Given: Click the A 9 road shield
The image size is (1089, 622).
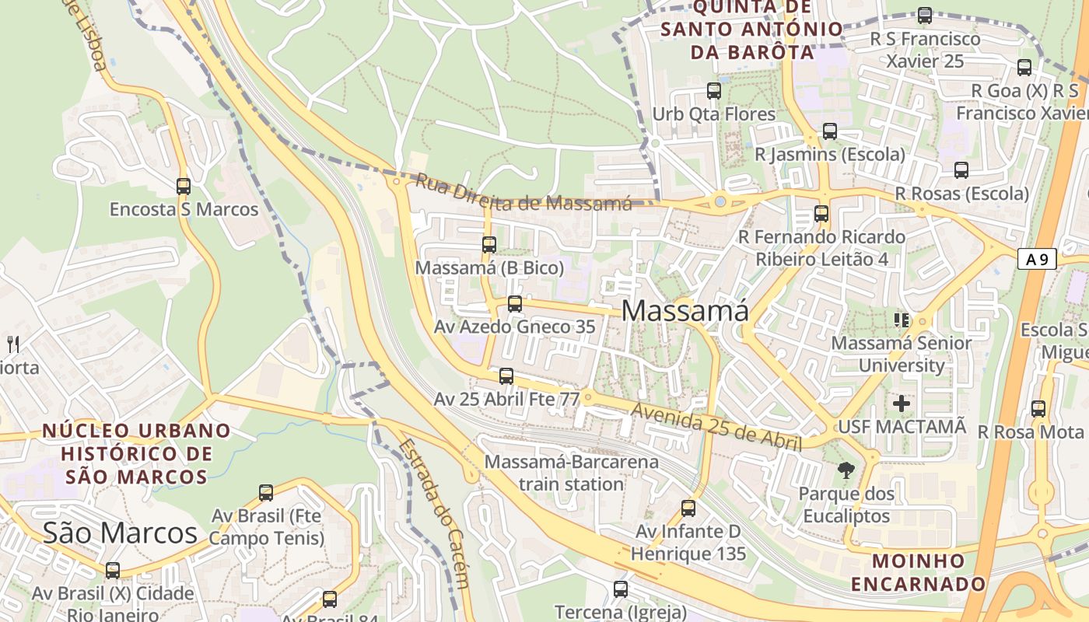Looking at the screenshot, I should [1037, 260].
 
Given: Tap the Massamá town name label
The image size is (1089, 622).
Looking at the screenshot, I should [685, 311].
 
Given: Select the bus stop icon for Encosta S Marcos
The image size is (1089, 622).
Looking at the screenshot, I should [184, 187].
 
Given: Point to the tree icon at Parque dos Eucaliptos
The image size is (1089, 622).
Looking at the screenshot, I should [846, 470].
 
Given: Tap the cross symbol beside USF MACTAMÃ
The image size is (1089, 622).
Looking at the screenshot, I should [902, 404].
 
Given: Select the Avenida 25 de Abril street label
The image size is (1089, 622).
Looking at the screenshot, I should [716, 427].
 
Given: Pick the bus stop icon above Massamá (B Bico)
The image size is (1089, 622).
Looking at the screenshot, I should [489, 245].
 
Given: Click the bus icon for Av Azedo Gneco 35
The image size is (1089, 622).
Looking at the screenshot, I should [515, 304].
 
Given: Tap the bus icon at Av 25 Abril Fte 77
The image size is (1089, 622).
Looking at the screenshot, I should [506, 376].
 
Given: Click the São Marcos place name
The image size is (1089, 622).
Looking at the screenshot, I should [120, 533].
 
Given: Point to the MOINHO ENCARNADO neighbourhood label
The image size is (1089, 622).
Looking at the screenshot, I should [918, 572].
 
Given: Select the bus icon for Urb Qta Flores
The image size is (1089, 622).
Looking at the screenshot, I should [714, 91].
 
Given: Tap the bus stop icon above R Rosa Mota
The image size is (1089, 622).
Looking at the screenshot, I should [1038, 409].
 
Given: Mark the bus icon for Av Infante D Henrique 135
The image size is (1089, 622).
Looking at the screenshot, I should [688, 508].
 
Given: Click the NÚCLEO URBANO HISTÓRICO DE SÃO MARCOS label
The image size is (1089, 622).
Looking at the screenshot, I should [136, 453].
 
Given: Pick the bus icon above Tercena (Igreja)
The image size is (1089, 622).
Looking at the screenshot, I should [620, 589].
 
